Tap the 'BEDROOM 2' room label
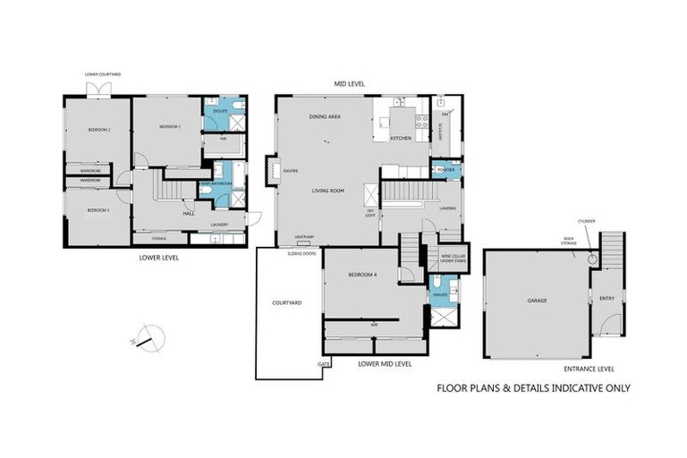pos(99,131)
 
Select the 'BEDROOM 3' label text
pos(98,210)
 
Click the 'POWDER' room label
pos(445,170)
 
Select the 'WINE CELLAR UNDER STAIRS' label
pos(445,259)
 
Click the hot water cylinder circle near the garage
pos(592,259)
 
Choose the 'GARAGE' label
pos(537,301)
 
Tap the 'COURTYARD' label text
pos(287,303)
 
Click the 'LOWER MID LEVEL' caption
pos(384,364)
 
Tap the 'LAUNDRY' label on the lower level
pos(221,225)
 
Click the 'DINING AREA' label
pos(325,117)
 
